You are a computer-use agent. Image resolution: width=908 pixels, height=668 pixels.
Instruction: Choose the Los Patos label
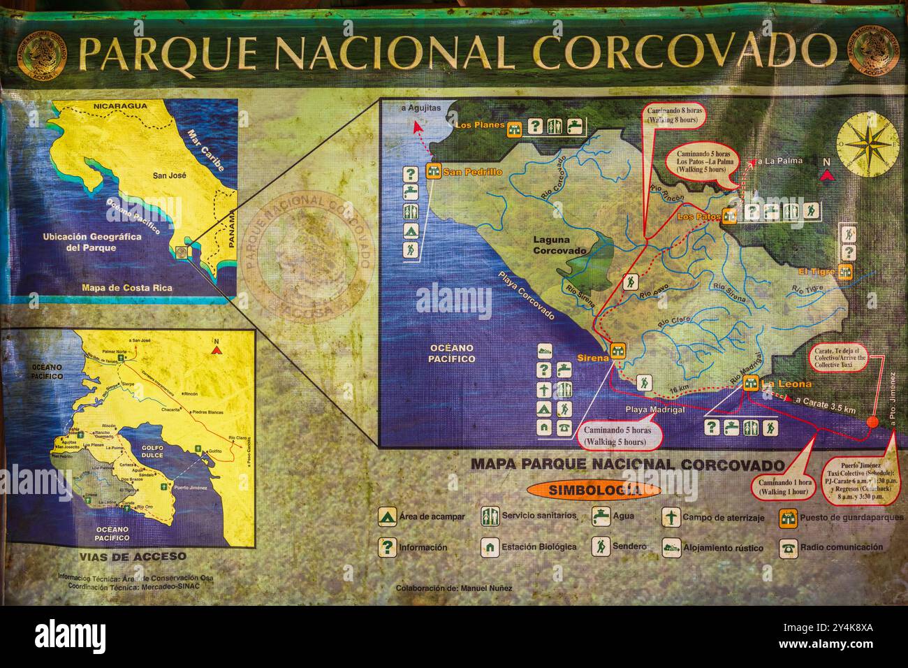[x=698, y=217]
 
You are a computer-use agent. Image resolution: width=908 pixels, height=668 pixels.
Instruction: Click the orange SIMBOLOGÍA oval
[x=593, y=490]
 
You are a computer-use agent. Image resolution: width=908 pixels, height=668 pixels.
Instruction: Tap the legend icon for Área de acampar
[x=386, y=517]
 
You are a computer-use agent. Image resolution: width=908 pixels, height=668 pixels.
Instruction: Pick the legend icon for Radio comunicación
[x=789, y=548]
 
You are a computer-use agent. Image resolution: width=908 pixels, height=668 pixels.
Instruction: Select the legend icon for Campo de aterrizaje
[x=671, y=517]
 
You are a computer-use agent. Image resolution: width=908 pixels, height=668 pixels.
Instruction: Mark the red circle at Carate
[x=872, y=421]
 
